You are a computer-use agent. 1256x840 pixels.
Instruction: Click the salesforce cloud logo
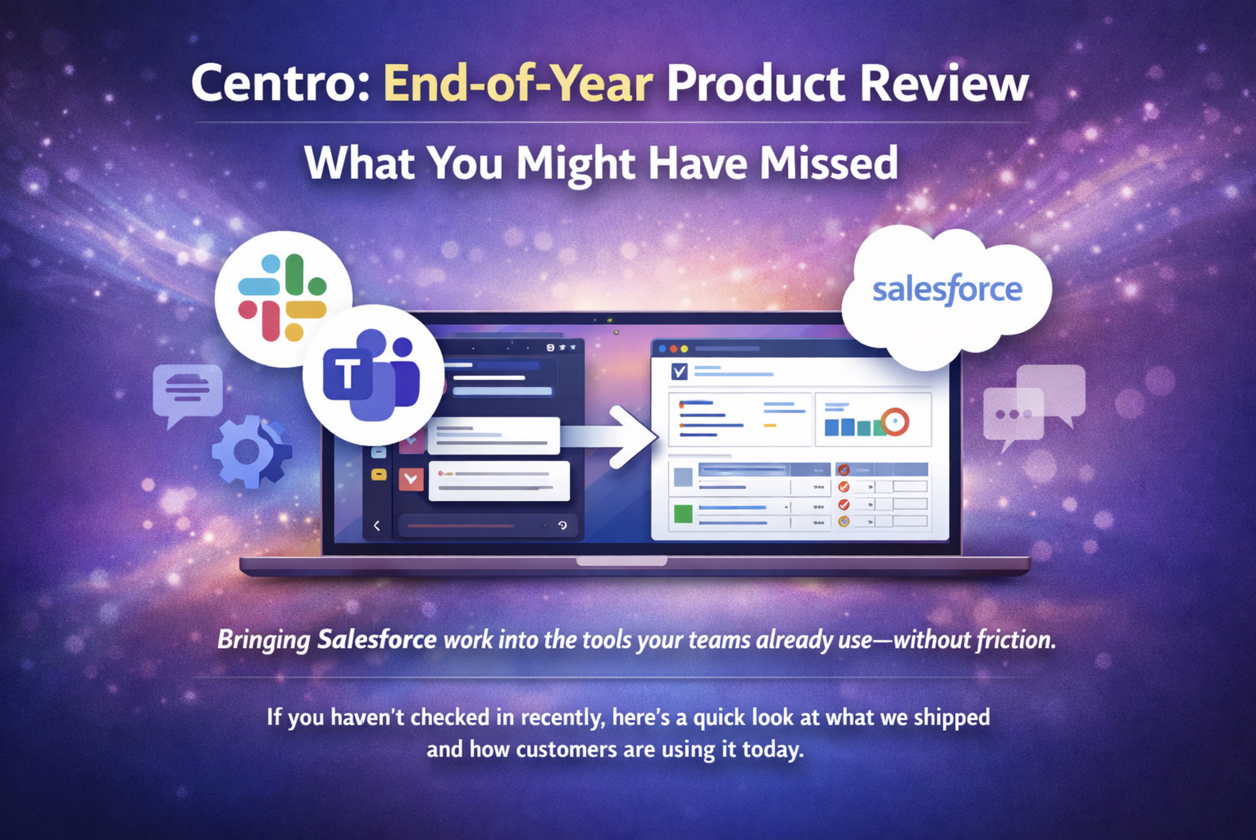(947, 292)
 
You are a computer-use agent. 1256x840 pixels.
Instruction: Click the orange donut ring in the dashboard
(894, 421)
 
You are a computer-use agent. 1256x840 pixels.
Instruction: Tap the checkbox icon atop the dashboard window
(679, 371)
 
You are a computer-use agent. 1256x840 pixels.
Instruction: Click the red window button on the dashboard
(674, 349)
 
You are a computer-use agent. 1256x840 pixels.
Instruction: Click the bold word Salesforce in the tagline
(376, 640)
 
